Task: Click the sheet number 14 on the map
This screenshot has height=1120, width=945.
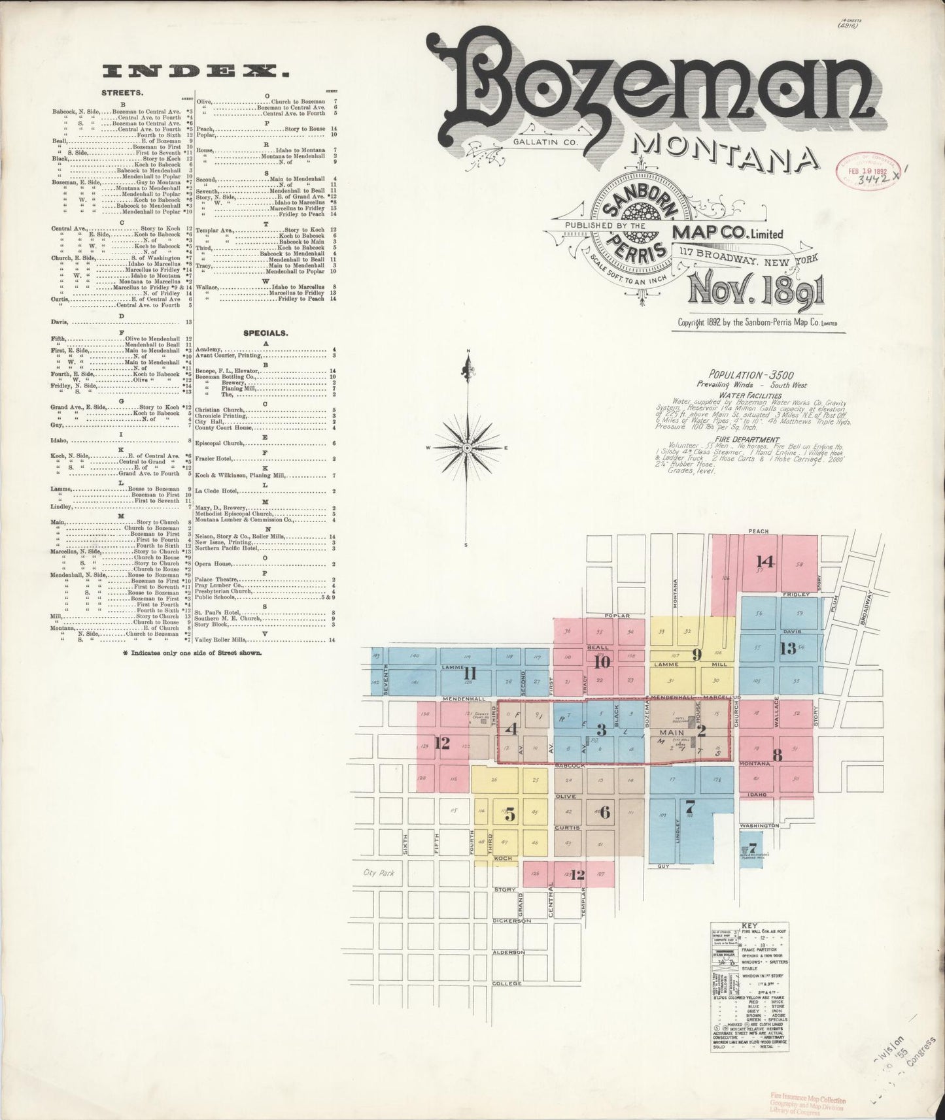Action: coord(765,561)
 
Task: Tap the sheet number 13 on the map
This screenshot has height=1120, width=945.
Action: coord(787,648)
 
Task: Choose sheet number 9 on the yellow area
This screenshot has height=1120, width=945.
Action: coord(696,653)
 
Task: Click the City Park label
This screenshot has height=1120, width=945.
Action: coord(383,872)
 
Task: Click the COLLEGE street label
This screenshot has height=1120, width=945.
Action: coord(507,983)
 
